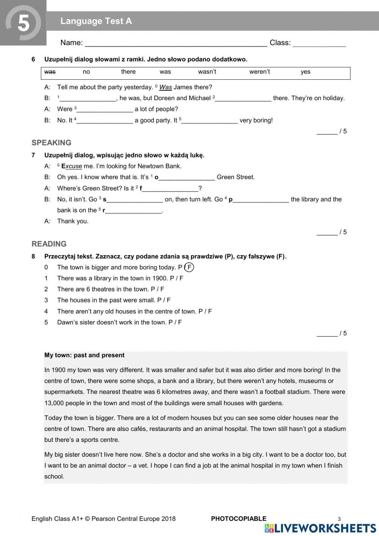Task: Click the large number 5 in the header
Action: tap(23, 24)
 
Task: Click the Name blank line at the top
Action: tap(176, 44)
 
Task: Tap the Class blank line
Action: tap(319, 44)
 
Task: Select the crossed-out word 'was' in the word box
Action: tap(50, 72)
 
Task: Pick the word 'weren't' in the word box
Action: tap(259, 72)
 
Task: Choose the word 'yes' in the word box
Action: tap(305, 72)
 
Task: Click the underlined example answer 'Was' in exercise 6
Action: tap(166, 87)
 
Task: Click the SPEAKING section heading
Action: tap(51, 143)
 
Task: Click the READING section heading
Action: tap(49, 244)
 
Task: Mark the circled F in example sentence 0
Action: tap(189, 267)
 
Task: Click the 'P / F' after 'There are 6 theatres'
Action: tap(157, 289)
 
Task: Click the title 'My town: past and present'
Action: tap(84, 355)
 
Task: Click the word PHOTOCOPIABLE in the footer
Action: tap(238, 519)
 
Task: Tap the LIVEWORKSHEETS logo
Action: tap(320, 528)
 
